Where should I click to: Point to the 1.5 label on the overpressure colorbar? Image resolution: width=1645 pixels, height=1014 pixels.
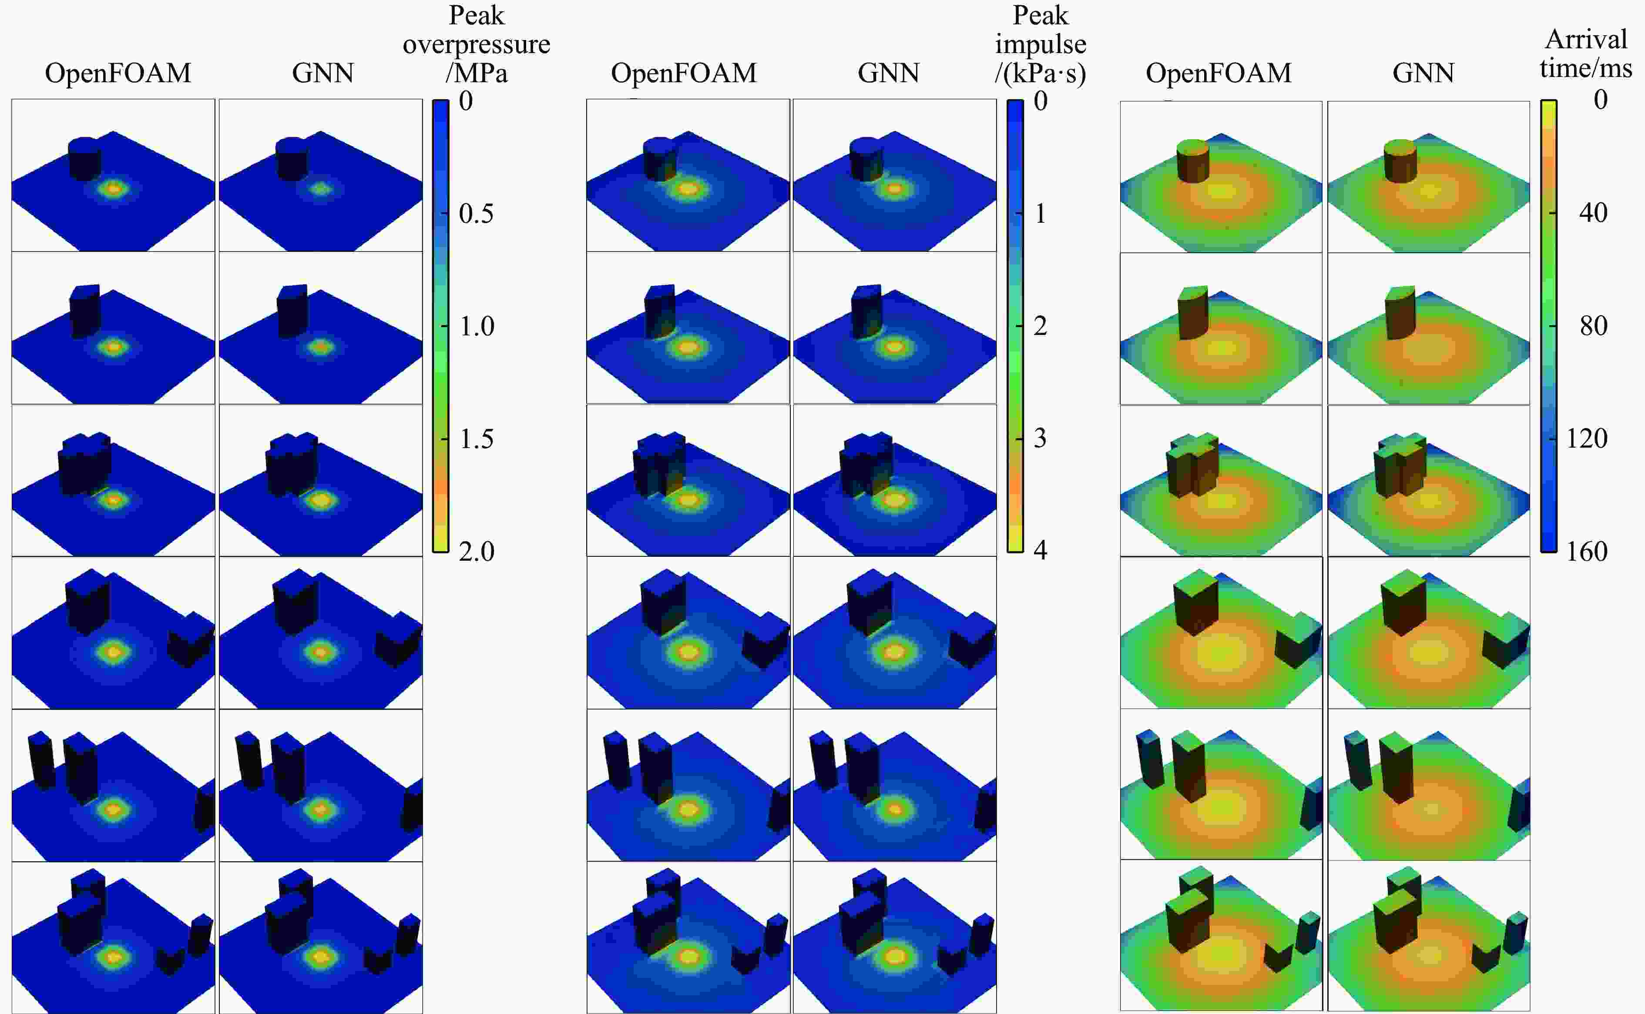point(476,439)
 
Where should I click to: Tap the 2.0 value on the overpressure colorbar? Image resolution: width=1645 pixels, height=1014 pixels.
point(476,551)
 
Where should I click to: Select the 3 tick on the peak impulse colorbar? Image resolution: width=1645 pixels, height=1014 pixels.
point(1040,438)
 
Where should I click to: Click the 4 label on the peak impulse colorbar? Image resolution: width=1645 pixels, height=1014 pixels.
point(1040,550)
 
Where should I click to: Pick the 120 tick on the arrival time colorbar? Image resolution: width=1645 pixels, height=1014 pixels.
point(1587,438)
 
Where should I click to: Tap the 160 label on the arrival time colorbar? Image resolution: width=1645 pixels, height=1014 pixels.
point(1587,551)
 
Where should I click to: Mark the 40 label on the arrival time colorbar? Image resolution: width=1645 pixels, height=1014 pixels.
point(1593,213)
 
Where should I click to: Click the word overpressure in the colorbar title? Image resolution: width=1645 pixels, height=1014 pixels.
point(477,44)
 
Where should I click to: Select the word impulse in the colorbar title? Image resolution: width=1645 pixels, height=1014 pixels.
point(1041,44)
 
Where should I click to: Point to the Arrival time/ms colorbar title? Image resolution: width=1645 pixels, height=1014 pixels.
point(1586,54)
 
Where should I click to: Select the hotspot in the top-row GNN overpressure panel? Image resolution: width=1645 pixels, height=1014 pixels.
point(321,189)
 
